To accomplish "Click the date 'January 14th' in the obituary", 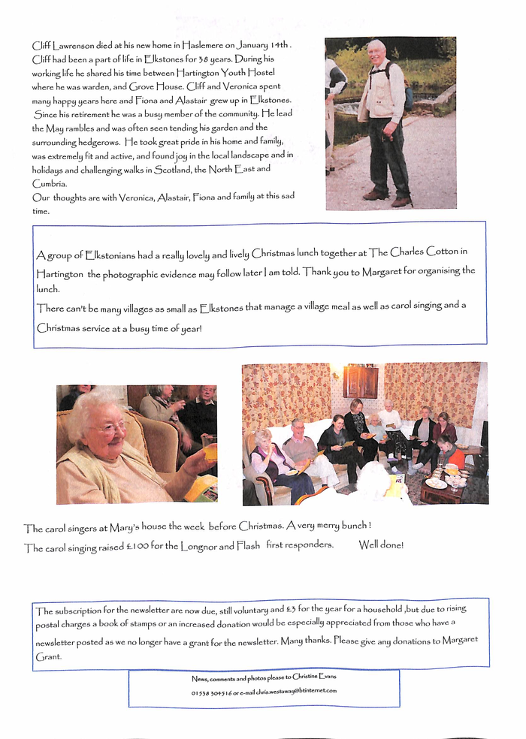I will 264,46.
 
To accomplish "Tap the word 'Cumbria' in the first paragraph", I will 50,183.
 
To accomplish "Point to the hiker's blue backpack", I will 408,95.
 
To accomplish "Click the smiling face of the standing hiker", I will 377,54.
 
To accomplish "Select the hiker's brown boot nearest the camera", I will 400,201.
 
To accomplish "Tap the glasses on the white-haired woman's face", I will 111,429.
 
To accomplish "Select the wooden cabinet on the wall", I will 360,381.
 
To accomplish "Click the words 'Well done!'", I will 381,545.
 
